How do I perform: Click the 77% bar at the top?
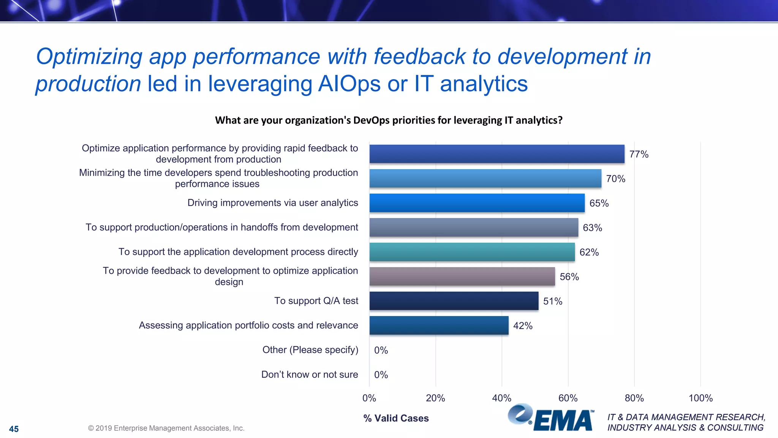(x=497, y=154)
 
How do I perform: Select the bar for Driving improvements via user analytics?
(x=477, y=203)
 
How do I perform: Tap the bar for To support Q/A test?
(x=454, y=301)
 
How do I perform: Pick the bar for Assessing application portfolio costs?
(x=439, y=325)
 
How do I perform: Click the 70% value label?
(x=615, y=179)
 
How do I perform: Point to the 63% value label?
(x=592, y=228)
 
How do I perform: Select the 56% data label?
(x=569, y=277)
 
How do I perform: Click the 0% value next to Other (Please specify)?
(x=381, y=350)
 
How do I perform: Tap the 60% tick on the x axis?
(x=568, y=398)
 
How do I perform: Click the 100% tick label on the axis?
(x=700, y=398)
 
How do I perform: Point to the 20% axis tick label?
(x=435, y=398)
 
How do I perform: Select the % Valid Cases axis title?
(x=396, y=418)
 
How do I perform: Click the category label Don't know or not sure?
(x=309, y=375)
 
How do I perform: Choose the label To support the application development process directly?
(x=238, y=252)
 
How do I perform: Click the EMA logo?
(x=551, y=418)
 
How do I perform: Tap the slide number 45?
(x=14, y=429)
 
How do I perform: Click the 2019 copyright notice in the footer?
(x=166, y=428)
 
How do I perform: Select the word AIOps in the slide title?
(x=349, y=84)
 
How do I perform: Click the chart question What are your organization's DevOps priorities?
(x=389, y=120)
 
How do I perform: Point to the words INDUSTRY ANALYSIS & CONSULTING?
(x=685, y=428)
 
